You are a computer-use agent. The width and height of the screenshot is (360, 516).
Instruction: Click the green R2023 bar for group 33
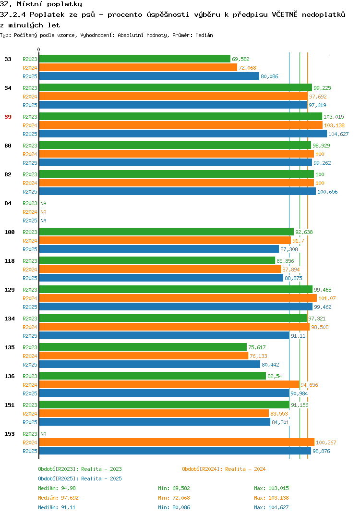pyautogui.click(x=134, y=59)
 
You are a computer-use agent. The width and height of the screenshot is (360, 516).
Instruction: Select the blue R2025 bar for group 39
pyautogui.click(x=183, y=134)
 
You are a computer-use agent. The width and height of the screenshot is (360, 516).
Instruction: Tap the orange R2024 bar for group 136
pyautogui.click(x=169, y=384)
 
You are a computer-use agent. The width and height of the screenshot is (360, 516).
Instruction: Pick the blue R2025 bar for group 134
pyautogui.click(x=164, y=335)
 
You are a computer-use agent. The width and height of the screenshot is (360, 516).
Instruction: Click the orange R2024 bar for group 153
pyautogui.click(x=177, y=442)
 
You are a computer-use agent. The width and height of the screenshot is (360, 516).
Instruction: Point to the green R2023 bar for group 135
pyautogui.click(x=143, y=347)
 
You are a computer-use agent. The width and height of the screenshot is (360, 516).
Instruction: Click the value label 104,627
pyautogui.click(x=338, y=134)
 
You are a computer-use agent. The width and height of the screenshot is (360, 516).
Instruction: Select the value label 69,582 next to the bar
pyautogui.click(x=240, y=59)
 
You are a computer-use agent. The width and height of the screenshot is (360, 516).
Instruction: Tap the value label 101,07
pyautogui.click(x=327, y=298)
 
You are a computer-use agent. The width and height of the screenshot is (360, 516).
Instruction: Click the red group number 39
pyautogui.click(x=8, y=117)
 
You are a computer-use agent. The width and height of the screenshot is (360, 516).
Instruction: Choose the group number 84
pyautogui.click(x=8, y=203)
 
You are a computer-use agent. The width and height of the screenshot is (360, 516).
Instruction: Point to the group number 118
pyautogui.click(x=10, y=261)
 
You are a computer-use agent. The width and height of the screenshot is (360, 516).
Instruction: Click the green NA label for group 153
pyautogui.click(x=43, y=434)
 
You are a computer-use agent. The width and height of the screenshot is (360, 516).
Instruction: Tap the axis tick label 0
pyautogui.click(x=39, y=49)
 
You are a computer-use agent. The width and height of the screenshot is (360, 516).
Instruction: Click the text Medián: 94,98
pyautogui.click(x=57, y=488)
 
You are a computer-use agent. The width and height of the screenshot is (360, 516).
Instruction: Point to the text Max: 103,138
pyautogui.click(x=271, y=498)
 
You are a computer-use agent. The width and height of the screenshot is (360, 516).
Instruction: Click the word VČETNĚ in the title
pyautogui.click(x=284, y=14)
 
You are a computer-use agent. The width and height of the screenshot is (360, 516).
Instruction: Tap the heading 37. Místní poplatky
pyautogui.click(x=41, y=4)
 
